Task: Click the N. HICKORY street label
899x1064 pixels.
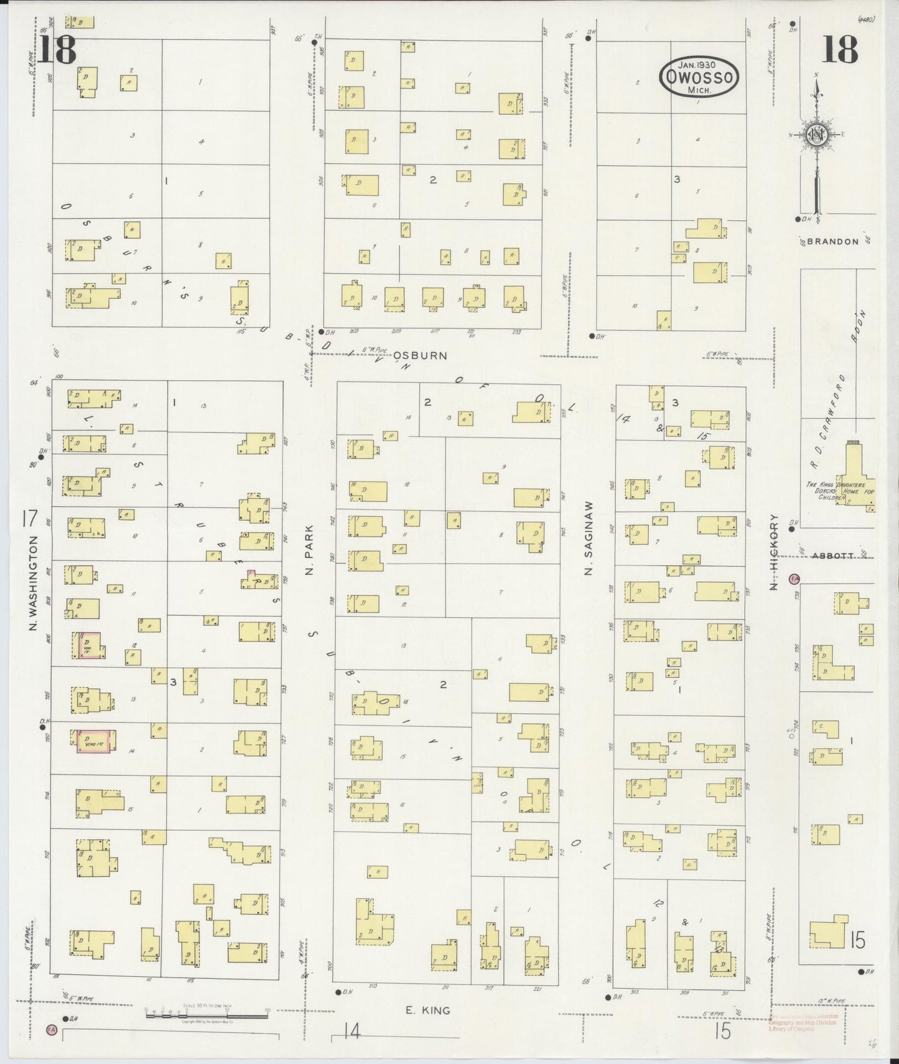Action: click(x=774, y=552)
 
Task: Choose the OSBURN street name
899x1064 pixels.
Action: click(x=420, y=356)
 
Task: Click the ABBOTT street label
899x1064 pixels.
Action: click(x=832, y=557)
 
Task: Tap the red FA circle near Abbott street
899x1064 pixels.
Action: click(x=794, y=579)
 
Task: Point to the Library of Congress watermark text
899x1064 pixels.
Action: click(x=803, y=1024)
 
